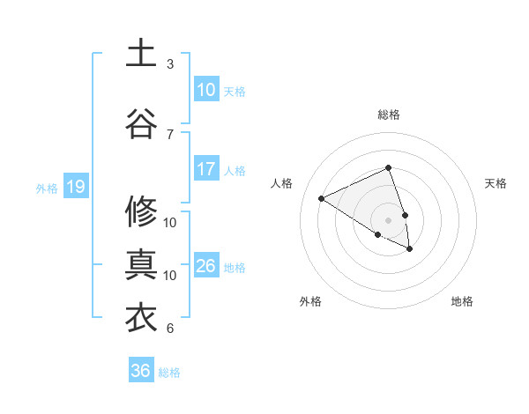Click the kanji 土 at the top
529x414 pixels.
tap(141, 53)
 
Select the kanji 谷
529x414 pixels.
tap(141, 123)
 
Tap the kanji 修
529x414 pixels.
tap(141, 211)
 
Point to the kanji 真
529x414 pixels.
tap(141, 264)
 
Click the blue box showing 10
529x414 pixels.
tap(205, 90)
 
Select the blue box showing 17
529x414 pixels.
tap(205, 169)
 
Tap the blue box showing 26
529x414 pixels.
tap(205, 266)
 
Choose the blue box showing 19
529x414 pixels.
tap(75, 187)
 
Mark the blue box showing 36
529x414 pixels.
tap(140, 371)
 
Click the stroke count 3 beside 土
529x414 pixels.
tap(170, 64)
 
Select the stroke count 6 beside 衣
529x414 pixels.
tap(170, 329)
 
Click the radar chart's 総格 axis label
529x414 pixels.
tap(388, 115)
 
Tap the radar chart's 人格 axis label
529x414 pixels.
tap(282, 183)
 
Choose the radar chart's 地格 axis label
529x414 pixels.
tap(462, 301)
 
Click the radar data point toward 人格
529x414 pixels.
tap(322, 198)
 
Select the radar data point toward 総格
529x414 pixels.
tap(388, 168)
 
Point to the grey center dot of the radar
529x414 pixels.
tap(388, 219)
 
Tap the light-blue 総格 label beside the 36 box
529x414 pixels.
tap(169, 373)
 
